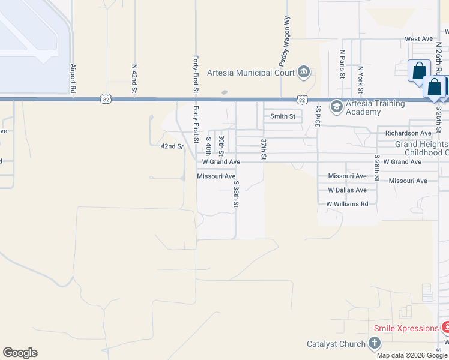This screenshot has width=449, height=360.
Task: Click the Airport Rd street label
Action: (73, 77)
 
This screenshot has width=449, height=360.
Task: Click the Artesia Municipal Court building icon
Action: (304, 73)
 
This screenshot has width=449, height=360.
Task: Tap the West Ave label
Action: (418, 39)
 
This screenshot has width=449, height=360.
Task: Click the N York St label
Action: (361, 78)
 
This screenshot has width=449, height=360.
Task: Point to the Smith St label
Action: (283, 116)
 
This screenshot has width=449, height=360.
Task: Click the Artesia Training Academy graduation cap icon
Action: (336, 106)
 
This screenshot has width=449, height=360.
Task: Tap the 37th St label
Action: (263, 149)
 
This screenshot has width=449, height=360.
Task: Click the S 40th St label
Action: (209, 146)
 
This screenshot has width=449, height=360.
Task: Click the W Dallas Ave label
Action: (347, 190)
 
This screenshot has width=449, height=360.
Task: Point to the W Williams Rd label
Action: (347, 204)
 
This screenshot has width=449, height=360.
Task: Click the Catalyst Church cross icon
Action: (374, 344)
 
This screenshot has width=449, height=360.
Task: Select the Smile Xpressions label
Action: (406, 328)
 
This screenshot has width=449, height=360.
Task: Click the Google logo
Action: (20, 353)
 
